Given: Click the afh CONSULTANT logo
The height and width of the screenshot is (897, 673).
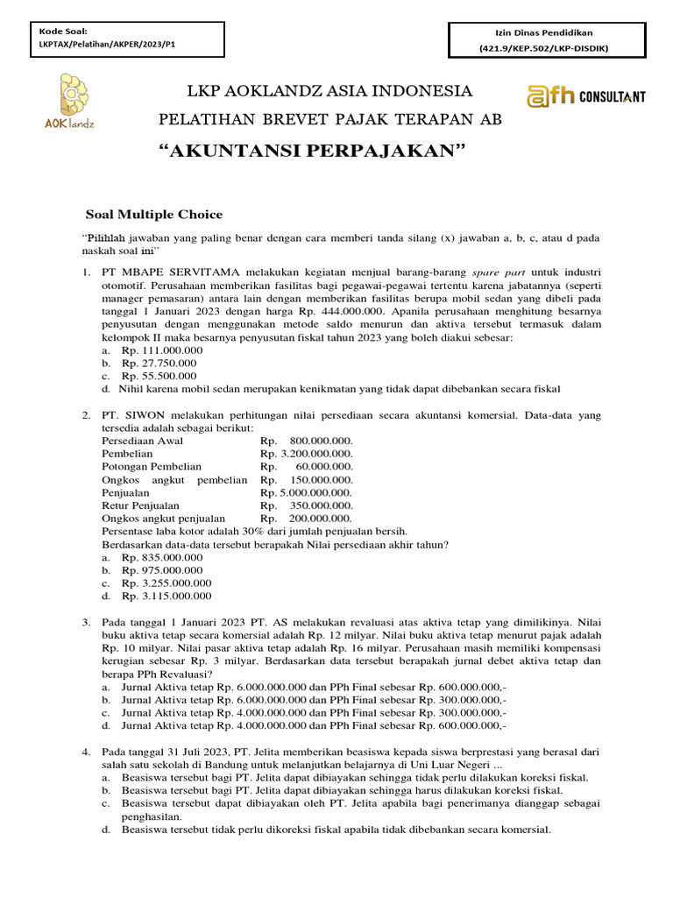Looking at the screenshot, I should click(x=585, y=95).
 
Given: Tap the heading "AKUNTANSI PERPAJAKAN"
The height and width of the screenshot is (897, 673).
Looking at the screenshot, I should click(x=310, y=152).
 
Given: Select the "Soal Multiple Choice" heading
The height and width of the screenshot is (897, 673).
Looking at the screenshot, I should click(x=153, y=215).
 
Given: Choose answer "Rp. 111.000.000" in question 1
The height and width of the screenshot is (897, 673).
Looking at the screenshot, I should click(x=162, y=350).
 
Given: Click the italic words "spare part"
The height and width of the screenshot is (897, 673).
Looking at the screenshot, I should click(x=496, y=272).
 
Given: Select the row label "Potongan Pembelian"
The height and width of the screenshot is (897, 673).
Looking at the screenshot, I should click(x=152, y=467).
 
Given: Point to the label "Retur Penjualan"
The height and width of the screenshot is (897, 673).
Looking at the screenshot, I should click(x=141, y=505).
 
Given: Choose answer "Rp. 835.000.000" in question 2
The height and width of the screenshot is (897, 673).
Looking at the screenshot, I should click(x=162, y=557).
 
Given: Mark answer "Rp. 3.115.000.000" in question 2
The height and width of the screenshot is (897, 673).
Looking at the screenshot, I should click(x=166, y=597).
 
